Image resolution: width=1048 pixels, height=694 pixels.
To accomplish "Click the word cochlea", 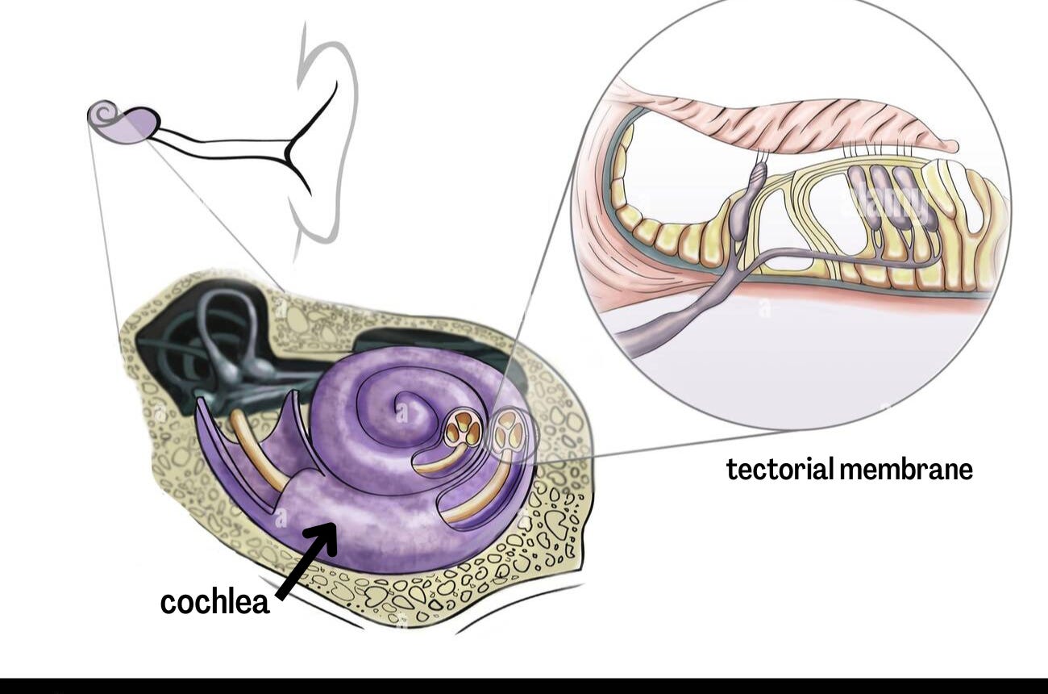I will point(214,602).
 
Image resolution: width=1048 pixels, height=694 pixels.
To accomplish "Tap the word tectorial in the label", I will point(779,469).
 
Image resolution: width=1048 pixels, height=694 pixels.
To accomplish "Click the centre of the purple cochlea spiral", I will point(401,412).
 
